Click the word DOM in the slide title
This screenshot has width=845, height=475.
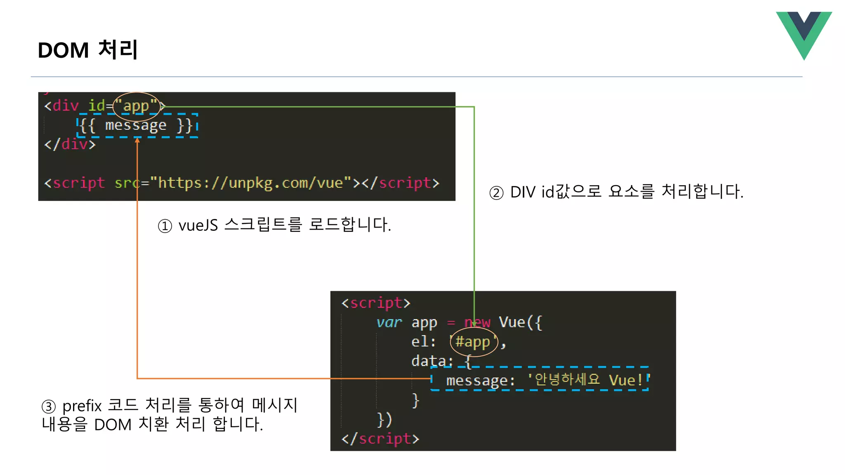[x=63, y=50]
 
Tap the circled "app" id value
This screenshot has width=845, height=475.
[x=136, y=106]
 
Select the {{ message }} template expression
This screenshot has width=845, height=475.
[x=137, y=125]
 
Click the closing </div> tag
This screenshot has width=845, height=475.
[x=70, y=144]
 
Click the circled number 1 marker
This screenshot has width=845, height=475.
[x=165, y=226]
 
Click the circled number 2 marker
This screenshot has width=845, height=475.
[x=496, y=193]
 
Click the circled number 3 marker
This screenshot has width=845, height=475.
[x=49, y=407]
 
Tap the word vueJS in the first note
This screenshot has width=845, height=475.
[x=198, y=226]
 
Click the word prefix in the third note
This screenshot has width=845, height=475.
[x=82, y=406]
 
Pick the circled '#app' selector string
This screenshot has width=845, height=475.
[x=474, y=341]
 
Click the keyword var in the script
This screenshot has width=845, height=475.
[x=389, y=322]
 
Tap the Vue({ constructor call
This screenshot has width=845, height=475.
[x=520, y=322]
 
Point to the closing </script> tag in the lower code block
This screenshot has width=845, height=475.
[x=380, y=439]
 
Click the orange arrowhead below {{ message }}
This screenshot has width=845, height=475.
[x=137, y=141]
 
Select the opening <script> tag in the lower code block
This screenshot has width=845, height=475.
[x=376, y=303]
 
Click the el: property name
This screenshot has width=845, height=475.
[x=423, y=342]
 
